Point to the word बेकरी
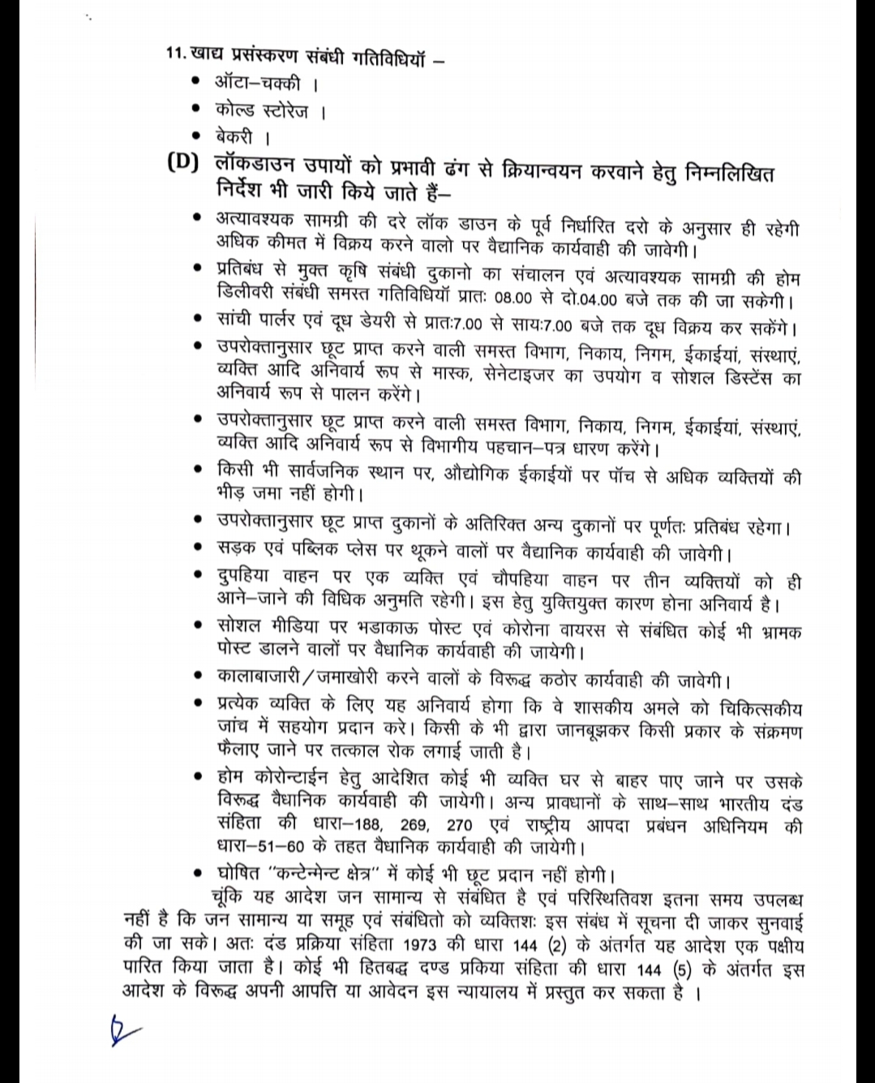tap(234, 136)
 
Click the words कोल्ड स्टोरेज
tap(262, 110)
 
